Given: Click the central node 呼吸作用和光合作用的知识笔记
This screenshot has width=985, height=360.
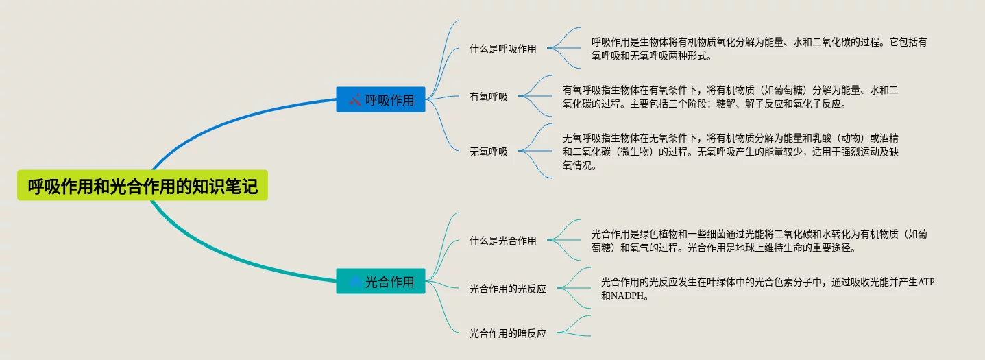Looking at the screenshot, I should point(143,186).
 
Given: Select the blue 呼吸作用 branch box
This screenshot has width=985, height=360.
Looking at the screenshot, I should point(380,99).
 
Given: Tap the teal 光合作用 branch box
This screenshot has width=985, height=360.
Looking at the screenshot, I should point(380,281).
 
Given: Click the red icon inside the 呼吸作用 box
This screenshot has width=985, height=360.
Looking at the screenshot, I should point(354,100).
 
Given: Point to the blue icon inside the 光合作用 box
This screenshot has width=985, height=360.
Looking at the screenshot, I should point(354,281).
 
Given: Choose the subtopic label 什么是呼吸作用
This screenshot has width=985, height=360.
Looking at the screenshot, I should point(502,49).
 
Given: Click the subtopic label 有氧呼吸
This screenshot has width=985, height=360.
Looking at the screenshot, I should point(488,97).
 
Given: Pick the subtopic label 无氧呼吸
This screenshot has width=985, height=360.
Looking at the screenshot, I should point(488,152).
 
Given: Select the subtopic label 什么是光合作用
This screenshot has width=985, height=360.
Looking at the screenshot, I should point(502,241).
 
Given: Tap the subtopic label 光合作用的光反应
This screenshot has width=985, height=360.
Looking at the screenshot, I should point(507,289).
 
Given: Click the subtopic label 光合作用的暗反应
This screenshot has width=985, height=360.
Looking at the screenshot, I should point(507,333).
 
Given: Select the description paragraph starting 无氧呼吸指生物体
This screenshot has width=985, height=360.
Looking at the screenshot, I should point(730,152).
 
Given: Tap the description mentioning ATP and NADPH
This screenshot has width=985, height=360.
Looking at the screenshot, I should point(767,289).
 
